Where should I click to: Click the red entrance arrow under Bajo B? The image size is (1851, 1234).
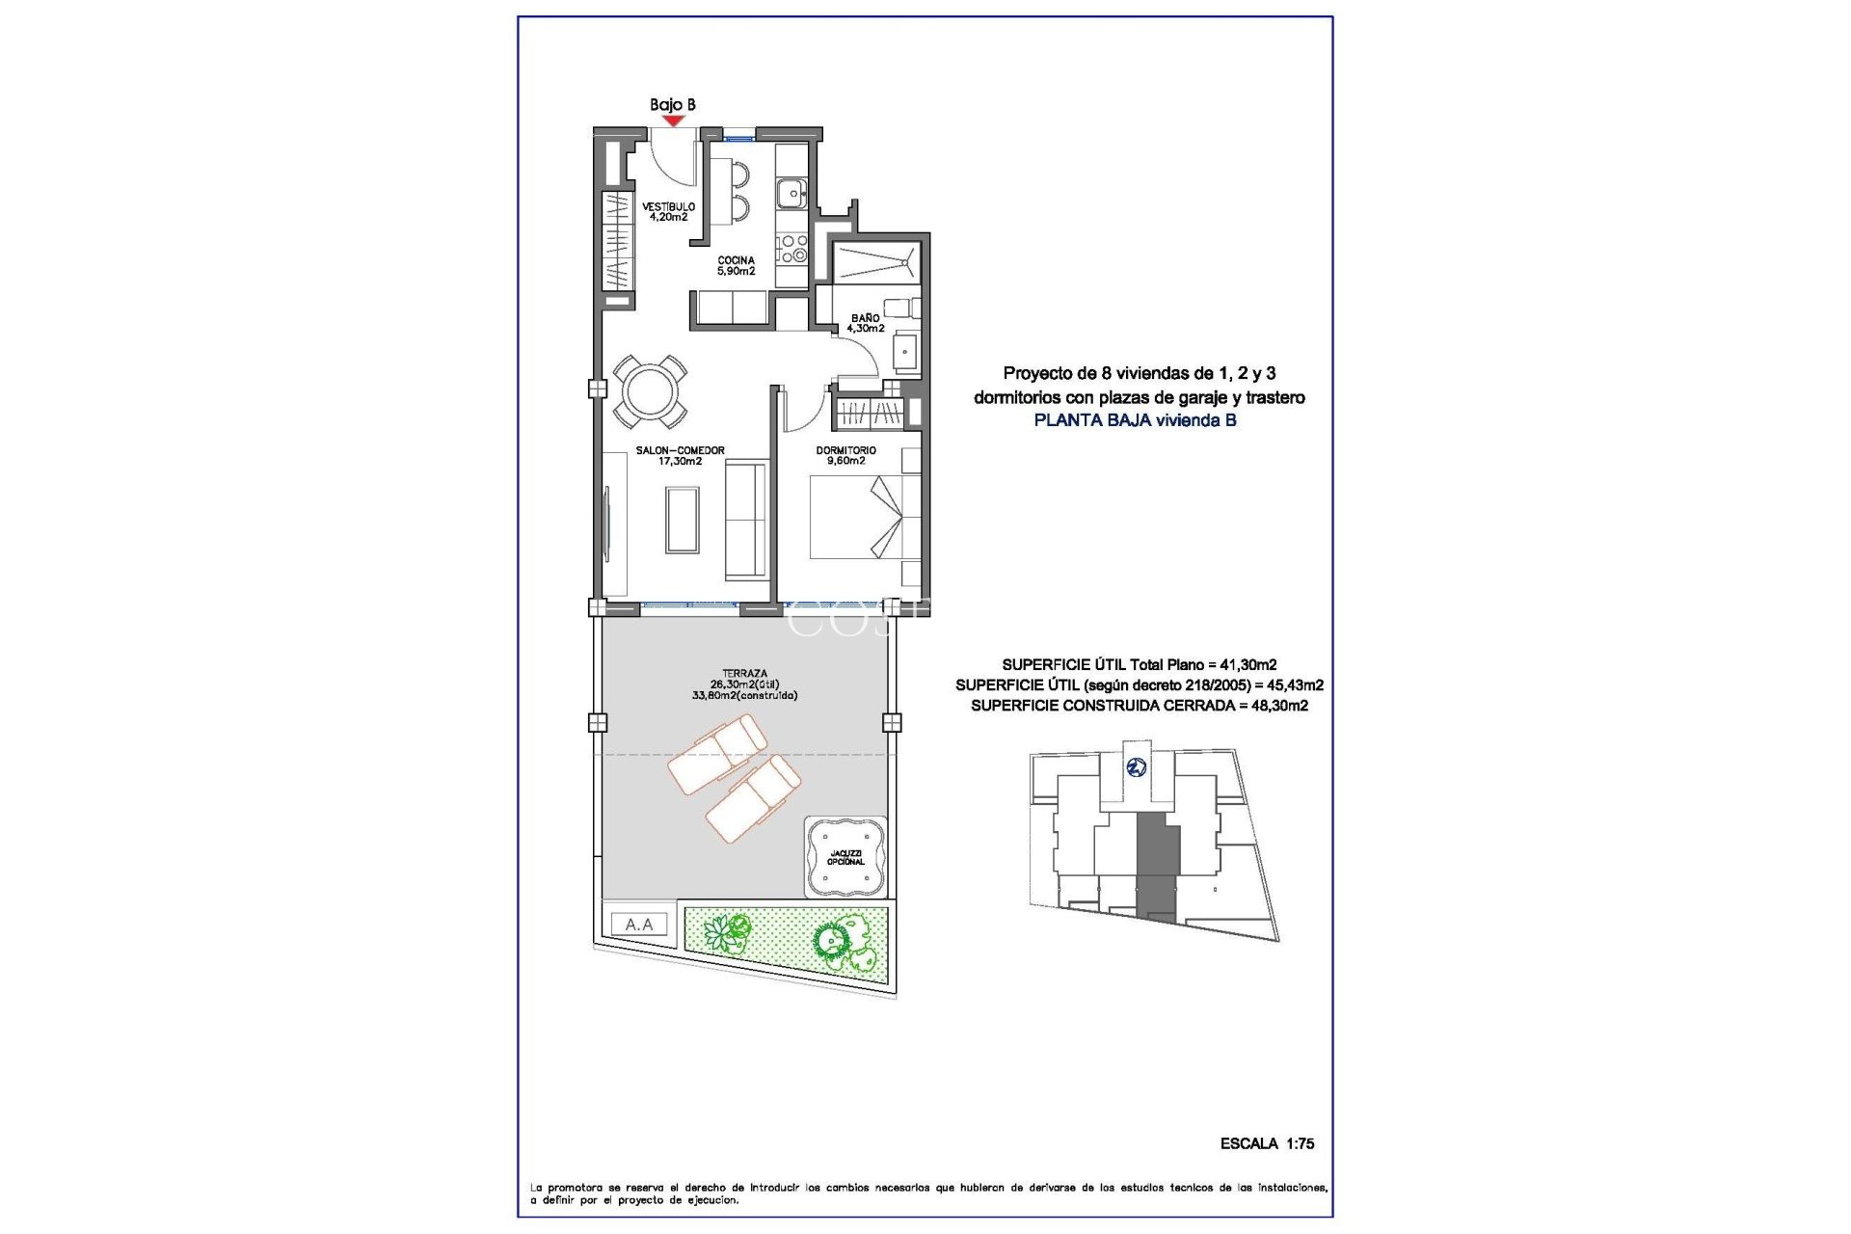(673, 121)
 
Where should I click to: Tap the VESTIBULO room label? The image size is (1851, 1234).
(668, 212)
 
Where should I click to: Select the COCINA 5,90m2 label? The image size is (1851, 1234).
(736, 266)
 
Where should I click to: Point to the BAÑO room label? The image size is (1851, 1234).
(865, 323)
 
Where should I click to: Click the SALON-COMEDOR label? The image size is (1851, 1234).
(680, 456)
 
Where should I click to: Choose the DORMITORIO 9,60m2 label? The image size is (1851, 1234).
(845, 455)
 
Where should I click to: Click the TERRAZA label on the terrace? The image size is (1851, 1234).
(744, 684)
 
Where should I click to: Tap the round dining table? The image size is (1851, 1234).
(651, 391)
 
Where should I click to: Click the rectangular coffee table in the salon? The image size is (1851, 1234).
(683, 520)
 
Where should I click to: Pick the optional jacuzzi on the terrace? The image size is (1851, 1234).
(845, 856)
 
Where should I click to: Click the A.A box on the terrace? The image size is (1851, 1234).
(639, 925)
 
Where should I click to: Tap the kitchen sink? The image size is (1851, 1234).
(792, 193)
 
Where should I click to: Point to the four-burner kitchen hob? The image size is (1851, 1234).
(792, 249)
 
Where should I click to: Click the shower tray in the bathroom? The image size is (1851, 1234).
(875, 262)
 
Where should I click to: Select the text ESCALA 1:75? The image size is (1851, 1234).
(1267, 1143)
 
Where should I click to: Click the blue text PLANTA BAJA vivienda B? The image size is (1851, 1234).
(1135, 420)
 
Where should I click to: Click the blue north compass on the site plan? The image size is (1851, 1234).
(1137, 767)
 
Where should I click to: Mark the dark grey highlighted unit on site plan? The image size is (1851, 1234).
(1158, 863)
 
